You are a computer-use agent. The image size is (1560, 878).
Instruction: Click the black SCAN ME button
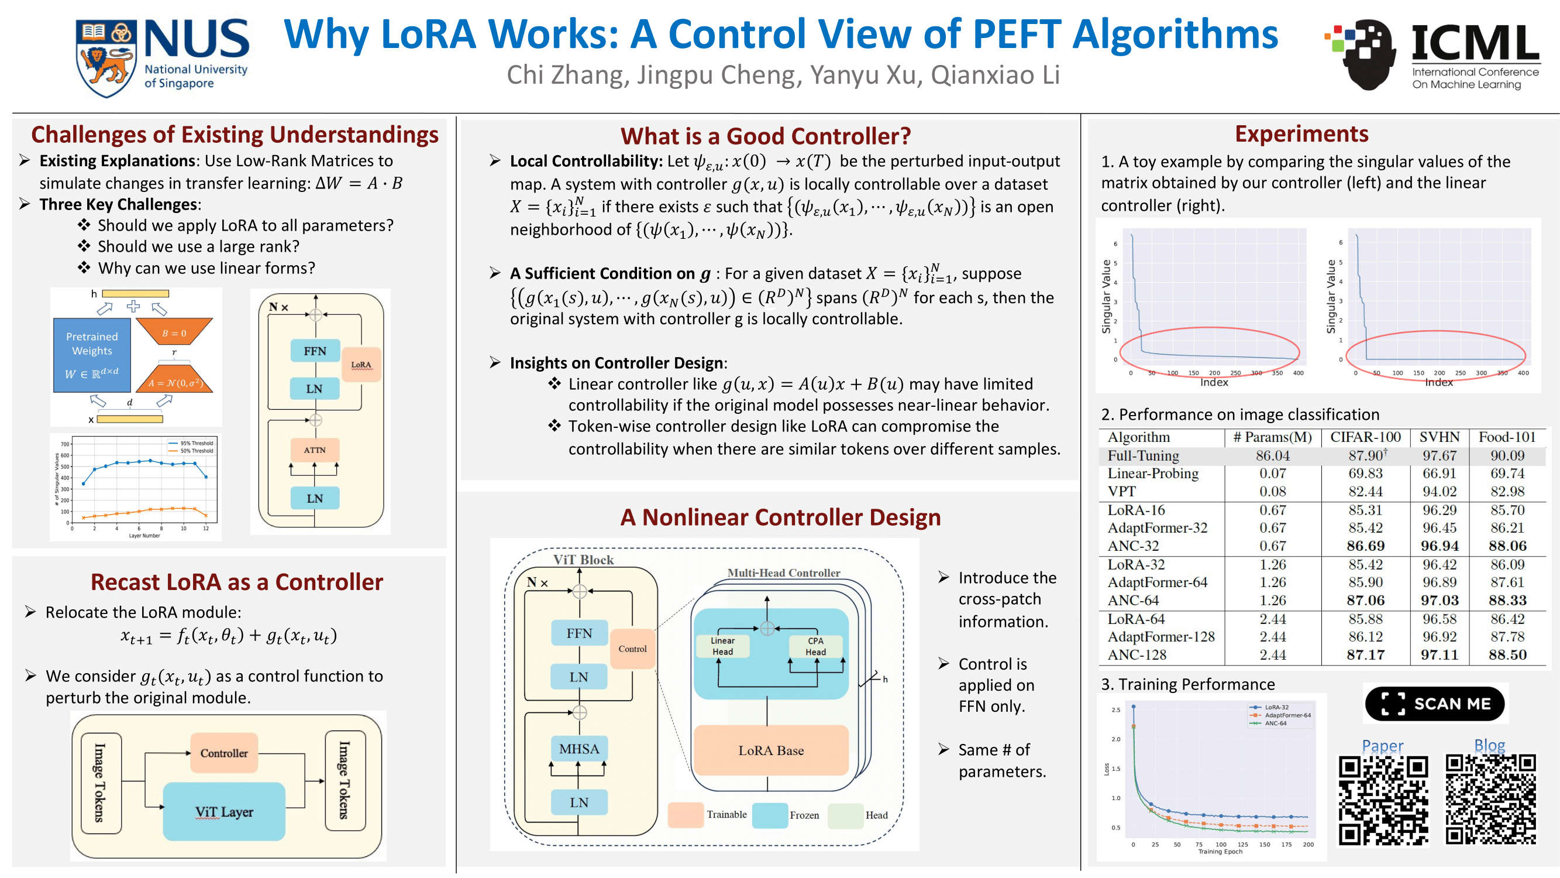[1434, 704]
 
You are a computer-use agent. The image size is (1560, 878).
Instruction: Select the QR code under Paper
[1383, 800]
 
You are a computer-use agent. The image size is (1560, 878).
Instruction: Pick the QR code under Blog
[1490, 800]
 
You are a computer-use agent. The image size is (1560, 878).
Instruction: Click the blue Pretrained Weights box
[92, 355]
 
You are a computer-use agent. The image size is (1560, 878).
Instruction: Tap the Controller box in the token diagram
[224, 753]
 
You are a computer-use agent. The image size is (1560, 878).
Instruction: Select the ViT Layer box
[224, 811]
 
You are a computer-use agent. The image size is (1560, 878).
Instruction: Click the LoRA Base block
[771, 750]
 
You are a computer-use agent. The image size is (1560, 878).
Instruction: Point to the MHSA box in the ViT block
[579, 749]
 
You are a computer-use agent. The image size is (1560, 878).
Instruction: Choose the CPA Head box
[815, 646]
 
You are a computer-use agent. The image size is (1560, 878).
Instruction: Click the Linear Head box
[722, 646]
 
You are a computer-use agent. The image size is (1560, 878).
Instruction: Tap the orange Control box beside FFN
[632, 649]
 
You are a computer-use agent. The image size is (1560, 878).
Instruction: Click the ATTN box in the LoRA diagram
[314, 450]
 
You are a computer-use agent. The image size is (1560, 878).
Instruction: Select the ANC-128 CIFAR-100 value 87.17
[1365, 654]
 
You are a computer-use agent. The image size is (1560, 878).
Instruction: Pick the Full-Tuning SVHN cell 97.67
[1439, 455]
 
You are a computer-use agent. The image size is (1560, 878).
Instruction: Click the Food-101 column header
[1507, 437]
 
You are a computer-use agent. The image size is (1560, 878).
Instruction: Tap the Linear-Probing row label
[1152, 473]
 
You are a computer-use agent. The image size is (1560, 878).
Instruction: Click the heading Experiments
[1301, 133]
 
